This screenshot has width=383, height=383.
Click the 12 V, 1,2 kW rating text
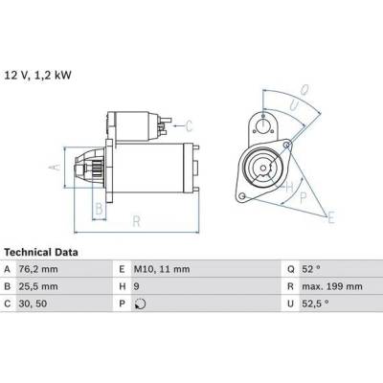(x=38, y=76)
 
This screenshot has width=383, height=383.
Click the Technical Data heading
(x=41, y=253)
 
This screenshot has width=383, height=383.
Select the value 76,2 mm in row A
(x=38, y=269)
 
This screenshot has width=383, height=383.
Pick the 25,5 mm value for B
(x=38, y=286)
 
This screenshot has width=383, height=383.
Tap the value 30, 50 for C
(x=33, y=304)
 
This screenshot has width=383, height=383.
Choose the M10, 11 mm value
(x=162, y=269)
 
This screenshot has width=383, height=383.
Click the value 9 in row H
(x=137, y=286)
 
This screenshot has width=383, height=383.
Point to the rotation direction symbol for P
(x=140, y=304)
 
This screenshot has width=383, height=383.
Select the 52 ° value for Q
(x=311, y=269)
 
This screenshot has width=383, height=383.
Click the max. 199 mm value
(x=332, y=286)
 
